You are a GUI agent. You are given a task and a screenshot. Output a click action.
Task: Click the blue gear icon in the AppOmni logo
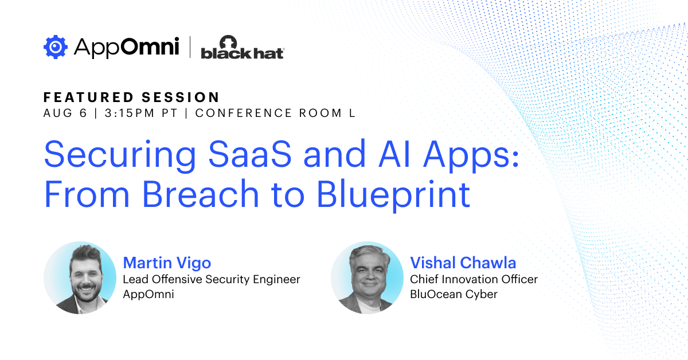coord(55,47)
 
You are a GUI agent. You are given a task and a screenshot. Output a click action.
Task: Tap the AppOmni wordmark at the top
coord(127,48)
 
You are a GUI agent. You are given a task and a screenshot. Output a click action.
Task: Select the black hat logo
coord(243,47)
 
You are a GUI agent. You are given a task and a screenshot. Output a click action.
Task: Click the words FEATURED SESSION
coord(131,97)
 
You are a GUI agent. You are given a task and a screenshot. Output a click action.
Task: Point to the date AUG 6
coord(65,113)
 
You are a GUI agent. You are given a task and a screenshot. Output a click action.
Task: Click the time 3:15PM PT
coord(141,113)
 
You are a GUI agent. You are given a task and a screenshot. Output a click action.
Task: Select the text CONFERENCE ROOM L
coord(276,113)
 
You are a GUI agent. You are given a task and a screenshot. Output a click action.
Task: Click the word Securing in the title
coord(120,155)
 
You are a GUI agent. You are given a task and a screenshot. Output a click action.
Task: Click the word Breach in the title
coord(201,194)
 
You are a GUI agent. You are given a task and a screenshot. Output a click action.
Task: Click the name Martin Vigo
coord(167,263)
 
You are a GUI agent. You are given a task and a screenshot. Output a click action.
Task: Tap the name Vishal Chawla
coord(463,263)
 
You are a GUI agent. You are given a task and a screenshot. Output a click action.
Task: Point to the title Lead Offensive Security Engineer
coord(212,280)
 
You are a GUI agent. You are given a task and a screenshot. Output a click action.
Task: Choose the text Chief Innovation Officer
coord(474,279)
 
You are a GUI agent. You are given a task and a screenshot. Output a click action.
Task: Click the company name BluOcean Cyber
coord(454,294)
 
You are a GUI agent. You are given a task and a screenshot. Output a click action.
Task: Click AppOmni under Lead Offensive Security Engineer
coord(148,294)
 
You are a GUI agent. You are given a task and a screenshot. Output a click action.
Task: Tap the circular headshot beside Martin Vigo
coord(80,277)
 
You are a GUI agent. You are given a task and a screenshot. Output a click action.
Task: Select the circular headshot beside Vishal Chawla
coord(367,277)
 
